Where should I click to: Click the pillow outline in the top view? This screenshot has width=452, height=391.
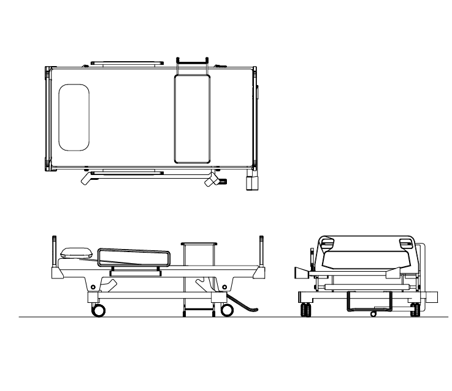coord(74,117)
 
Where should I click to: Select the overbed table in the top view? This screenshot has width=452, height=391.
coord(192,118)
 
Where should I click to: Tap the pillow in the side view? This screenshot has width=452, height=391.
coord(76,252)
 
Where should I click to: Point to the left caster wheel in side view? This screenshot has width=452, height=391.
coord(98,310)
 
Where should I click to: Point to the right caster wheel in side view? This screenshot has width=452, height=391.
coord(226,310)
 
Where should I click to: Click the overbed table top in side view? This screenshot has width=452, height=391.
coord(199,244)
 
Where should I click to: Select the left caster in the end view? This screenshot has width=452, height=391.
coord(304,310)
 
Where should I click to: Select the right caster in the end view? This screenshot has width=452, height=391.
coord(415,310)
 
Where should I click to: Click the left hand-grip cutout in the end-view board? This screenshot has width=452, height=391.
coord(327,244)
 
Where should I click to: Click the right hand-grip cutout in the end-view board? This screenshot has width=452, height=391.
coord(405,244)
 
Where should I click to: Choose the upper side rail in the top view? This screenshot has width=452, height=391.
coord(127,62)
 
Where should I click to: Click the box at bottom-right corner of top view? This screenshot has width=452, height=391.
coord(252,184)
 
